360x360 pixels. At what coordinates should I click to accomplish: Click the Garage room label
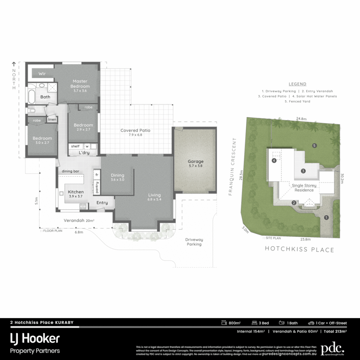point(195,162)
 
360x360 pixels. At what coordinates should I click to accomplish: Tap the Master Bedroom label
point(80,84)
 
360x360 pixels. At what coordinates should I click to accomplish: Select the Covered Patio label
point(135,130)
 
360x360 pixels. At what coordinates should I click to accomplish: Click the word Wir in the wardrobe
point(42,74)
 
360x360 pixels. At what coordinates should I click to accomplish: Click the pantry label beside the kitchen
point(97,187)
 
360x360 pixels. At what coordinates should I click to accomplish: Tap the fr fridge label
point(97,174)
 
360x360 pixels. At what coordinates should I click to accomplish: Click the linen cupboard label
point(52,119)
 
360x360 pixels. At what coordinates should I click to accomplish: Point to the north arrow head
point(14,63)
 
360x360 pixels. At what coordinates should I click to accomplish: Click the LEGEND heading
point(297,84)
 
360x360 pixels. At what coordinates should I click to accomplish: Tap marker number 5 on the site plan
point(314,145)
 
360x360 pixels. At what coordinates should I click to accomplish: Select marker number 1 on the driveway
point(326,217)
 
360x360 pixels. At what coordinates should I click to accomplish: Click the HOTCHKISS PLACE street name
point(299,249)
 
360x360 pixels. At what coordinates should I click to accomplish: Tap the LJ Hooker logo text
point(35,339)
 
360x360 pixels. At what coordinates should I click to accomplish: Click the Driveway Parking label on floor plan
point(194,242)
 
